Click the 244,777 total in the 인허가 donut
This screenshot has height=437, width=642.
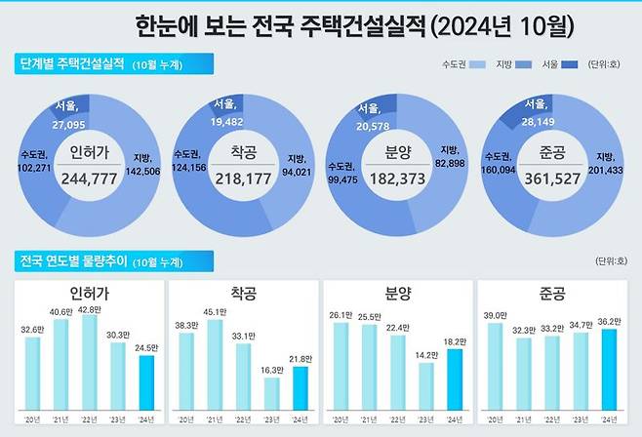pos(89,179)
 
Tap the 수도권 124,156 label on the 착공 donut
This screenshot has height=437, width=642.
pos(191,162)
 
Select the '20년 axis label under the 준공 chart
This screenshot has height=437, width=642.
pos(494,419)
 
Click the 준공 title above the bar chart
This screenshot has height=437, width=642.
pos(552,294)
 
